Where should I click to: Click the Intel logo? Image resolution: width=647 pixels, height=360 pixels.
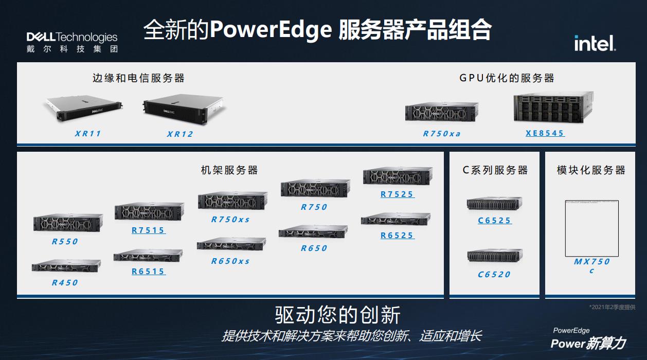click(x=595, y=43)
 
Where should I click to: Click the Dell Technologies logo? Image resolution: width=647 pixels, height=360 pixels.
click(x=72, y=42)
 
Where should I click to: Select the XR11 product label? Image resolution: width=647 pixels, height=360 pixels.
click(x=88, y=134)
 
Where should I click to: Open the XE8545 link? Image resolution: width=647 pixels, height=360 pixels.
click(x=545, y=133)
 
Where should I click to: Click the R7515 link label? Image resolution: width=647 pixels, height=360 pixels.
click(x=148, y=230)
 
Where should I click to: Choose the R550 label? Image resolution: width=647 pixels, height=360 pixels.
click(x=65, y=242)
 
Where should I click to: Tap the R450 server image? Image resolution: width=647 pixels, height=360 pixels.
click(x=66, y=265)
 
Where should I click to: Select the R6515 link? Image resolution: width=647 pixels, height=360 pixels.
click(x=148, y=272)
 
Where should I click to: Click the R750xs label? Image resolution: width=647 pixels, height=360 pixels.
click(x=230, y=220)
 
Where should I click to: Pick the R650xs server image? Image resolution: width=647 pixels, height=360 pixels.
click(x=231, y=244)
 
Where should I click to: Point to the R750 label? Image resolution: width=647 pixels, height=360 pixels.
click(x=314, y=207)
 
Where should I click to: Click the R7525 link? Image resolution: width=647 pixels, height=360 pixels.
click(x=397, y=194)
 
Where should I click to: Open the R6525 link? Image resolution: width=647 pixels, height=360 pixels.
click(x=397, y=236)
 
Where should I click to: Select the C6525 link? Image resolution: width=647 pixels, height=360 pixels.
click(x=494, y=221)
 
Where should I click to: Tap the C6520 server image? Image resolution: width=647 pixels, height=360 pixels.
click(x=494, y=256)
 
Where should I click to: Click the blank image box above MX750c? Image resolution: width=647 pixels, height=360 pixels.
click(x=591, y=228)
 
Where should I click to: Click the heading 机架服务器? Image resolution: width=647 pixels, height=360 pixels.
click(x=229, y=170)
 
